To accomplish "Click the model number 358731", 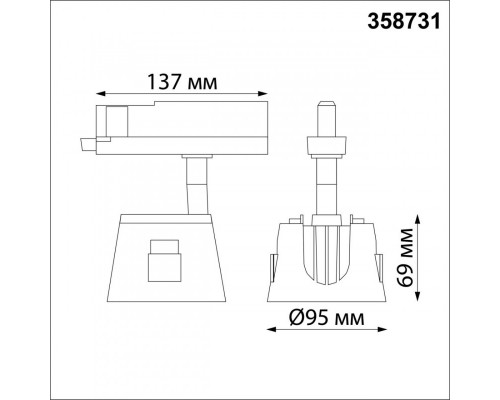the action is tap(404, 22).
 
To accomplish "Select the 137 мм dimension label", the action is tap(182, 82).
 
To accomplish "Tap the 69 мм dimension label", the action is tap(405, 258).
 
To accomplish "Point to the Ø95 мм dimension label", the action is tap(327, 318).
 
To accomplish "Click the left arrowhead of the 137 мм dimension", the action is tap(101, 94).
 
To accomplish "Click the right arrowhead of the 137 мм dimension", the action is tap(263, 94).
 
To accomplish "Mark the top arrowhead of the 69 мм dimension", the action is tap(418, 220).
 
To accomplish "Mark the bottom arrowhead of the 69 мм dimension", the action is tap(418, 297).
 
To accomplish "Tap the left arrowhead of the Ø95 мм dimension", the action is tap(272, 329).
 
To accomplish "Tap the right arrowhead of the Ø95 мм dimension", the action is tap(382, 329).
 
